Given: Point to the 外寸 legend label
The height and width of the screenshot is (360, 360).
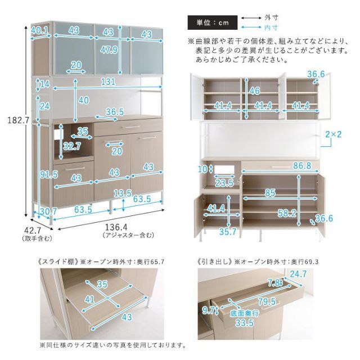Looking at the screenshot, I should click(x=273, y=18).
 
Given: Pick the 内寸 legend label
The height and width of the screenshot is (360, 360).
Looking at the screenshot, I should click(x=273, y=28).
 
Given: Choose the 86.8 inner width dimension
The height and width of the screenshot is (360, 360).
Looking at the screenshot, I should click(x=302, y=166).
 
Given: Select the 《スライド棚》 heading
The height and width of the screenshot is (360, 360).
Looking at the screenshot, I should click(x=60, y=262).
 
